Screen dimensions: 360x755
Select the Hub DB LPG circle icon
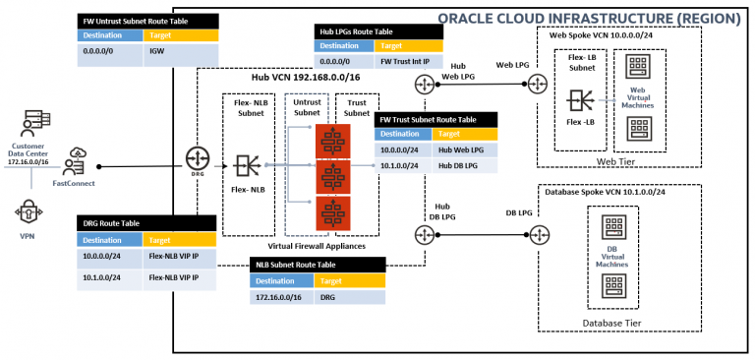pos(425,234)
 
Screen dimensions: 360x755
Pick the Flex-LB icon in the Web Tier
pos(579,101)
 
